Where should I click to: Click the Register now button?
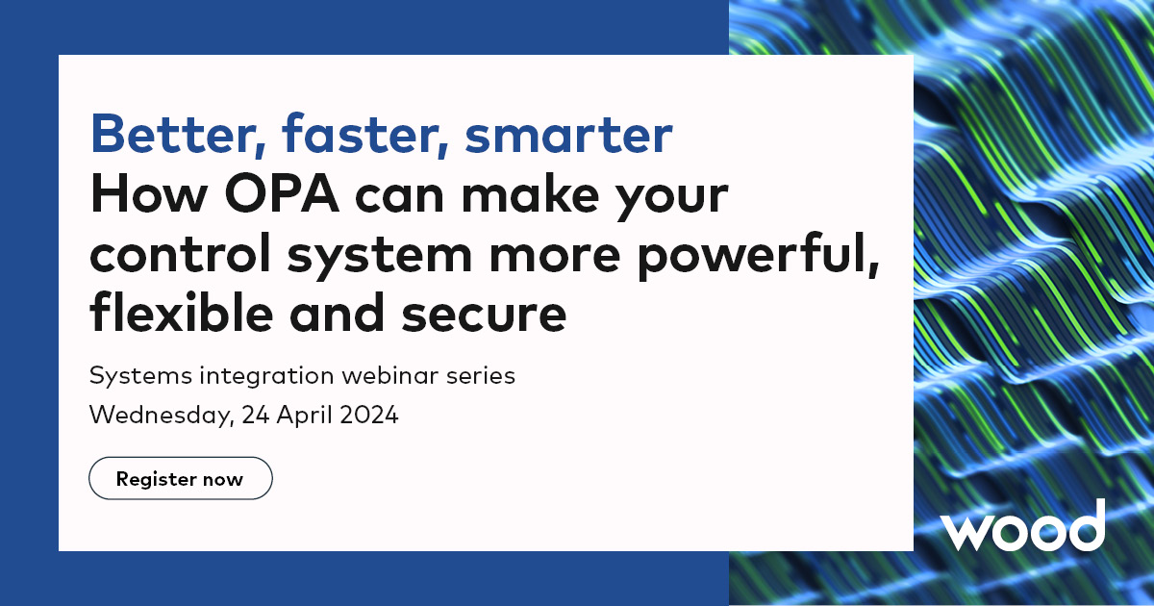click(x=181, y=478)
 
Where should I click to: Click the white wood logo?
click(x=1022, y=525)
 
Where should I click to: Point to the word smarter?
click(x=568, y=136)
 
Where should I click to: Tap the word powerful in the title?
click(x=759, y=255)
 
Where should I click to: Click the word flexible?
click(x=182, y=312)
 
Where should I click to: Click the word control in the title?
click(x=181, y=252)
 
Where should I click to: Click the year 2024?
click(x=369, y=415)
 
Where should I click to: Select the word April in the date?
click(x=305, y=416)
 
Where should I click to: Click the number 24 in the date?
click(x=256, y=415)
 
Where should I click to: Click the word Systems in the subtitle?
click(x=140, y=376)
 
